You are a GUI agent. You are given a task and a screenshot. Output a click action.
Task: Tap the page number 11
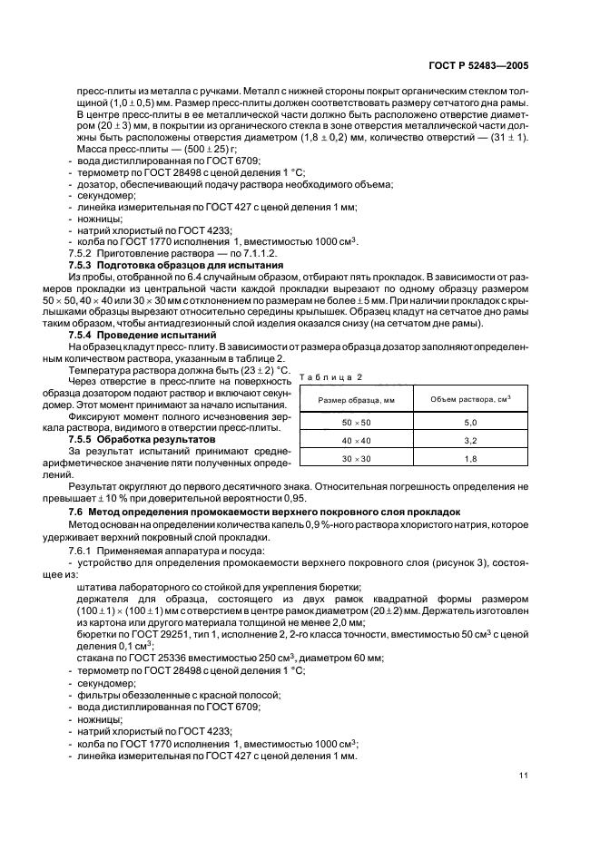(x=524, y=775)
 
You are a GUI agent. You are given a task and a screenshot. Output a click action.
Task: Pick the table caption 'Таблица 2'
(x=324, y=376)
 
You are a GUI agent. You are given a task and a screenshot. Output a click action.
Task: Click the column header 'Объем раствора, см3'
(x=469, y=400)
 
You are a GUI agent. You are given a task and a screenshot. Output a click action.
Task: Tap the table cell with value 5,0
(x=469, y=424)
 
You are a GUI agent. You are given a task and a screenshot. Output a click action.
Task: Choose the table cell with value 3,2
(x=469, y=441)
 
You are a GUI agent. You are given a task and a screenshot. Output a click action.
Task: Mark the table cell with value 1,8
(x=469, y=460)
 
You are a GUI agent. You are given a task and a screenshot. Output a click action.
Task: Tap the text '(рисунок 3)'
(x=451, y=565)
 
